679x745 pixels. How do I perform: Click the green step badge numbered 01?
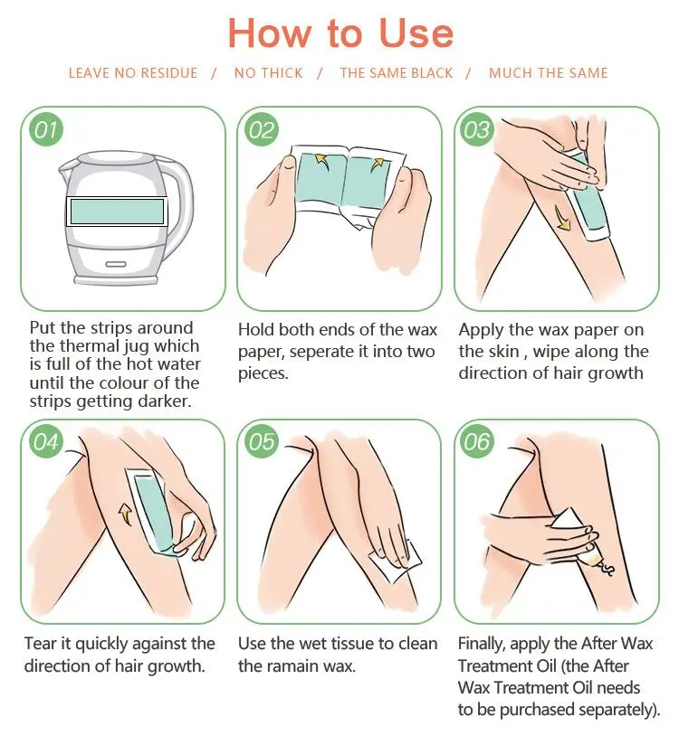[46, 129]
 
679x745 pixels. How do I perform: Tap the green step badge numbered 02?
[263, 129]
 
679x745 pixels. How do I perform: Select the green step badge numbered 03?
[477, 129]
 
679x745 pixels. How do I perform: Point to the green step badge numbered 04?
[45, 442]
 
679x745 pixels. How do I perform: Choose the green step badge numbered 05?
[263, 442]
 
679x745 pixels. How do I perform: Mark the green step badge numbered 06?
[477, 442]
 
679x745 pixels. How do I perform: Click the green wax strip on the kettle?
[117, 212]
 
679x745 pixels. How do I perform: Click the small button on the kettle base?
[116, 264]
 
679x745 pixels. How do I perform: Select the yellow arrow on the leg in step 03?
[562, 220]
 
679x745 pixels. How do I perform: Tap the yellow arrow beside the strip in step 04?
[125, 514]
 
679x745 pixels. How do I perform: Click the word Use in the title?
[416, 33]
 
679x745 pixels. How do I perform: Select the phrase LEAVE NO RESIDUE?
[133, 73]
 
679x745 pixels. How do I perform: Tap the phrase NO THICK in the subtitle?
[268, 73]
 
